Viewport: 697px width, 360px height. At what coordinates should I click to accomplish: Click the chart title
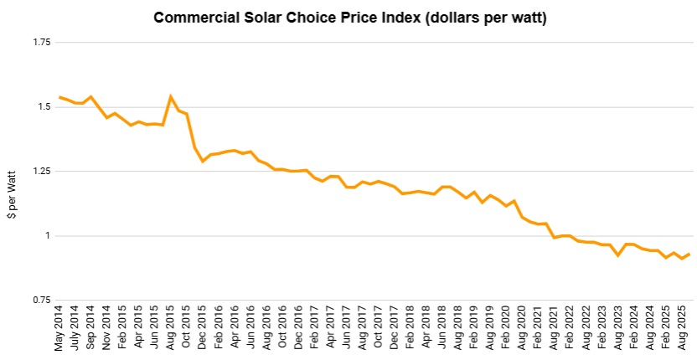[349, 18]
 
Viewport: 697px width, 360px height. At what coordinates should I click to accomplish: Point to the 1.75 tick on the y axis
[39, 43]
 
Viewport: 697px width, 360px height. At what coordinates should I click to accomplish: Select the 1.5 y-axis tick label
[42, 107]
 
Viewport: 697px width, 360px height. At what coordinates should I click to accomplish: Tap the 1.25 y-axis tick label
[39, 172]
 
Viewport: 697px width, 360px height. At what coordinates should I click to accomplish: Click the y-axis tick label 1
[48, 236]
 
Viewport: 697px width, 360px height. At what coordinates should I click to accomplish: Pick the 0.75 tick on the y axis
[39, 300]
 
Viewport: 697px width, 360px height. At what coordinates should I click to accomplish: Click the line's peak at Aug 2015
[171, 96]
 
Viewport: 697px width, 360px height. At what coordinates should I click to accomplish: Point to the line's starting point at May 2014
[59, 97]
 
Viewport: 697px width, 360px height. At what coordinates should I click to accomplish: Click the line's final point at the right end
[689, 254]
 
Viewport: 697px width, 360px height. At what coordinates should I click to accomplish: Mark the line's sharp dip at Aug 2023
[617, 255]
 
